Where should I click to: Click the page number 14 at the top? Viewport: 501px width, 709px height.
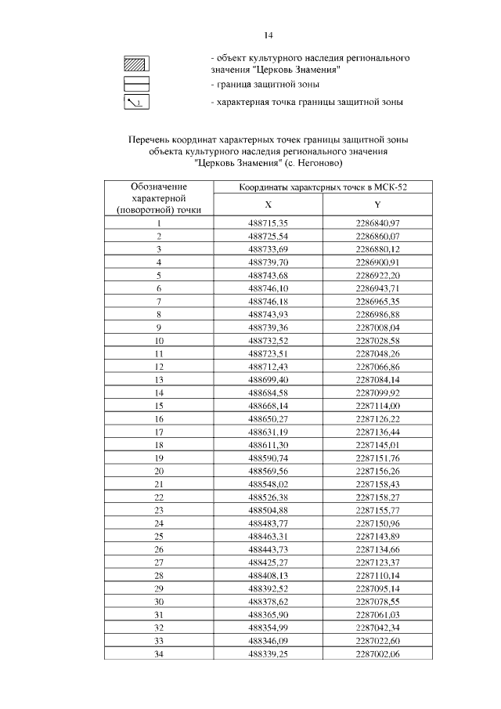(268, 35)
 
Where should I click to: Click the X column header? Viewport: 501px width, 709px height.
(268, 204)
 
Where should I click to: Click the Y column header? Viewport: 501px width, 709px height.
(377, 204)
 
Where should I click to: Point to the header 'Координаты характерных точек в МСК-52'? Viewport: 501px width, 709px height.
(323, 187)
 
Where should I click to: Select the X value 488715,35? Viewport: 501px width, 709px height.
(268, 223)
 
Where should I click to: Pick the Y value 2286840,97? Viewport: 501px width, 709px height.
(377, 223)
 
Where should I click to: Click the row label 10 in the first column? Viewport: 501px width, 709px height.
(159, 341)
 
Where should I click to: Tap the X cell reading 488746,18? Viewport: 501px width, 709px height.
(268, 301)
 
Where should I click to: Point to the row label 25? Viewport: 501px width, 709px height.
(159, 536)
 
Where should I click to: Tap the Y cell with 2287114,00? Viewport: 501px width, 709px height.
(377, 406)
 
